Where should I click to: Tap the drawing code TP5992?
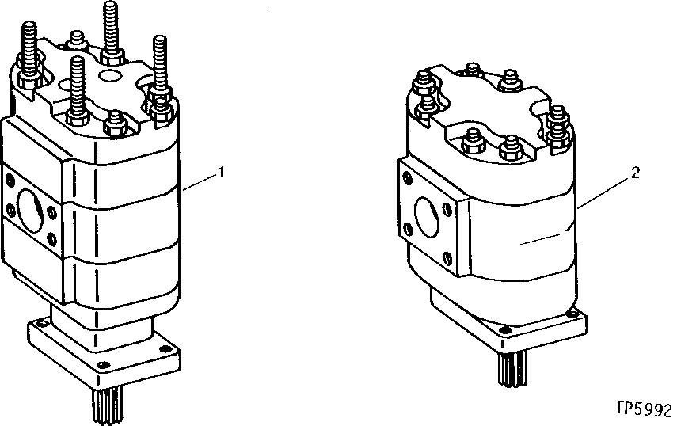(642, 411)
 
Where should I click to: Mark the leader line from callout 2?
(606, 191)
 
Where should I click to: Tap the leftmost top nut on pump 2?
(421, 79)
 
